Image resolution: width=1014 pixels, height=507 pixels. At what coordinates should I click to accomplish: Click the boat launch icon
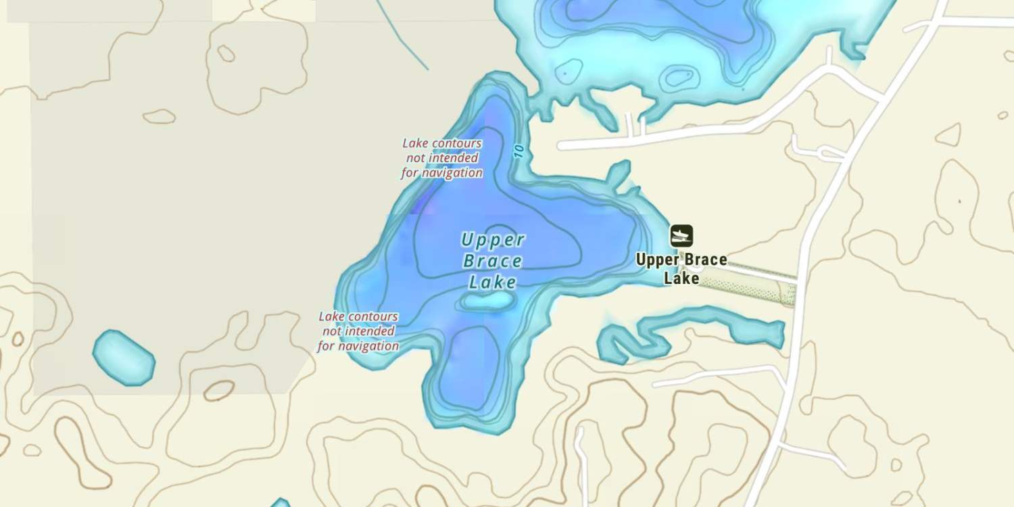681,236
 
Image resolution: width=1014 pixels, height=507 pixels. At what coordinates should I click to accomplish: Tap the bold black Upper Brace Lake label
681,268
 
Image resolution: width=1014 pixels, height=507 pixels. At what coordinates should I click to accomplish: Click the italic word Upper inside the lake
493,240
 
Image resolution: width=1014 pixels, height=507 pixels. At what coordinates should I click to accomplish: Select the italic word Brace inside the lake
492,262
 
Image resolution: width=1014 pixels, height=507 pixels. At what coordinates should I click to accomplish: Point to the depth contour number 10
518,149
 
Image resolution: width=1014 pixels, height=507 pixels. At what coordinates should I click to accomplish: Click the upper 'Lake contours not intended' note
442,158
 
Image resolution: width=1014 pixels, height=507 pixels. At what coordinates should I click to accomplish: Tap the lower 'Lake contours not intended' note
358,331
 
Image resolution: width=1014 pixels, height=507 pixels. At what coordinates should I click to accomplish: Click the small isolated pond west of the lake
123,358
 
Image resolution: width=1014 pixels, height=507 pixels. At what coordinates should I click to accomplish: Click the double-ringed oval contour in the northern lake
678,76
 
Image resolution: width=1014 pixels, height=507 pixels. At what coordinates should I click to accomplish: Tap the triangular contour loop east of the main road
949,136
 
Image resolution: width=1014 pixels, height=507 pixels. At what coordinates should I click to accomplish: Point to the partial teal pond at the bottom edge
280,503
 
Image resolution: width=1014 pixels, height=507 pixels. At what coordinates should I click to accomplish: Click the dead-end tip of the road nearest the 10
561,145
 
